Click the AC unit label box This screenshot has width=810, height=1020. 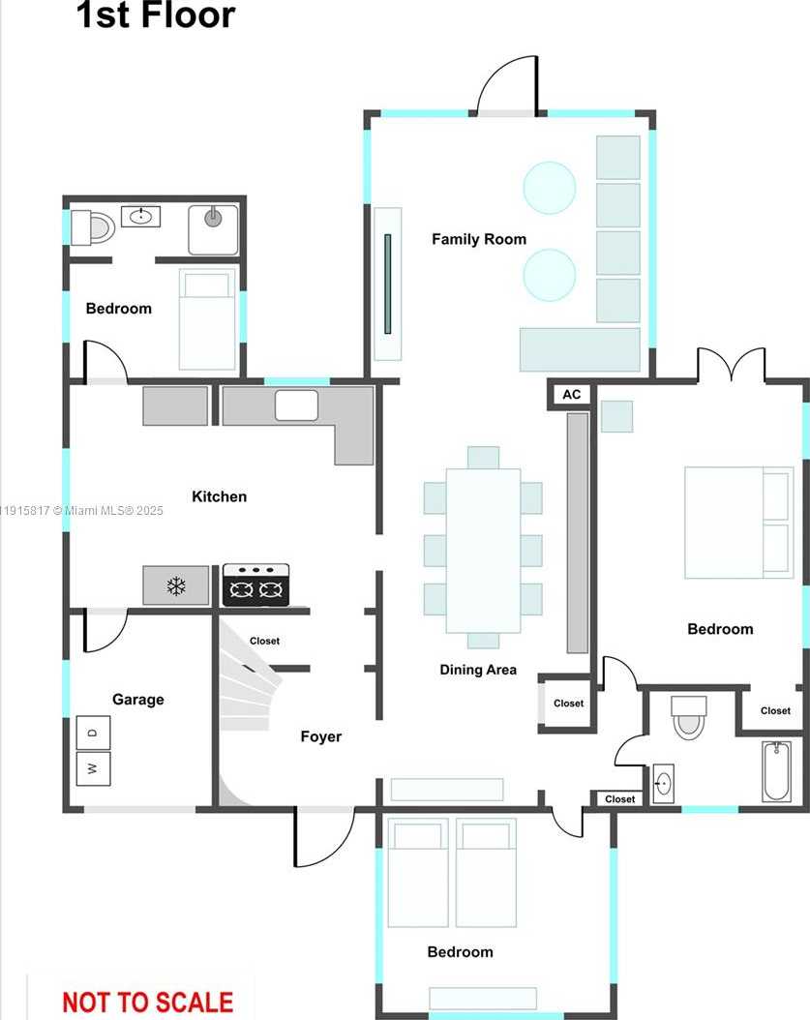click(x=571, y=395)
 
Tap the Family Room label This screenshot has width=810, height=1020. click(x=479, y=239)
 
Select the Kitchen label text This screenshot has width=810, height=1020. click(x=220, y=496)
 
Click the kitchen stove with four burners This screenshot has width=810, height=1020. click(x=256, y=585)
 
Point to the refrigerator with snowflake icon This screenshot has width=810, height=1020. click(x=176, y=585)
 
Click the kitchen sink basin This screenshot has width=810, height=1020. click(x=296, y=405)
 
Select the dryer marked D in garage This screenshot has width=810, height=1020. click(x=94, y=733)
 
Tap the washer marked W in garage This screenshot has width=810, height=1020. click(x=94, y=768)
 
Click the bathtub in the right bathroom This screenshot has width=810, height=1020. click(x=776, y=771)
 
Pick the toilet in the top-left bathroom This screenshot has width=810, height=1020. click(x=94, y=227)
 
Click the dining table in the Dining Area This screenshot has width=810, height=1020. click(x=483, y=550)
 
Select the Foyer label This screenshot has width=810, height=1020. click(x=320, y=736)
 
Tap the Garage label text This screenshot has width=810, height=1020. click(x=138, y=700)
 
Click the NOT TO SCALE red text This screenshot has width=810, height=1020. click(x=148, y=1002)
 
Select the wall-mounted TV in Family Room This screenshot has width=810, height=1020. click(x=387, y=283)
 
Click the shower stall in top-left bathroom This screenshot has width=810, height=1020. click(x=213, y=229)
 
